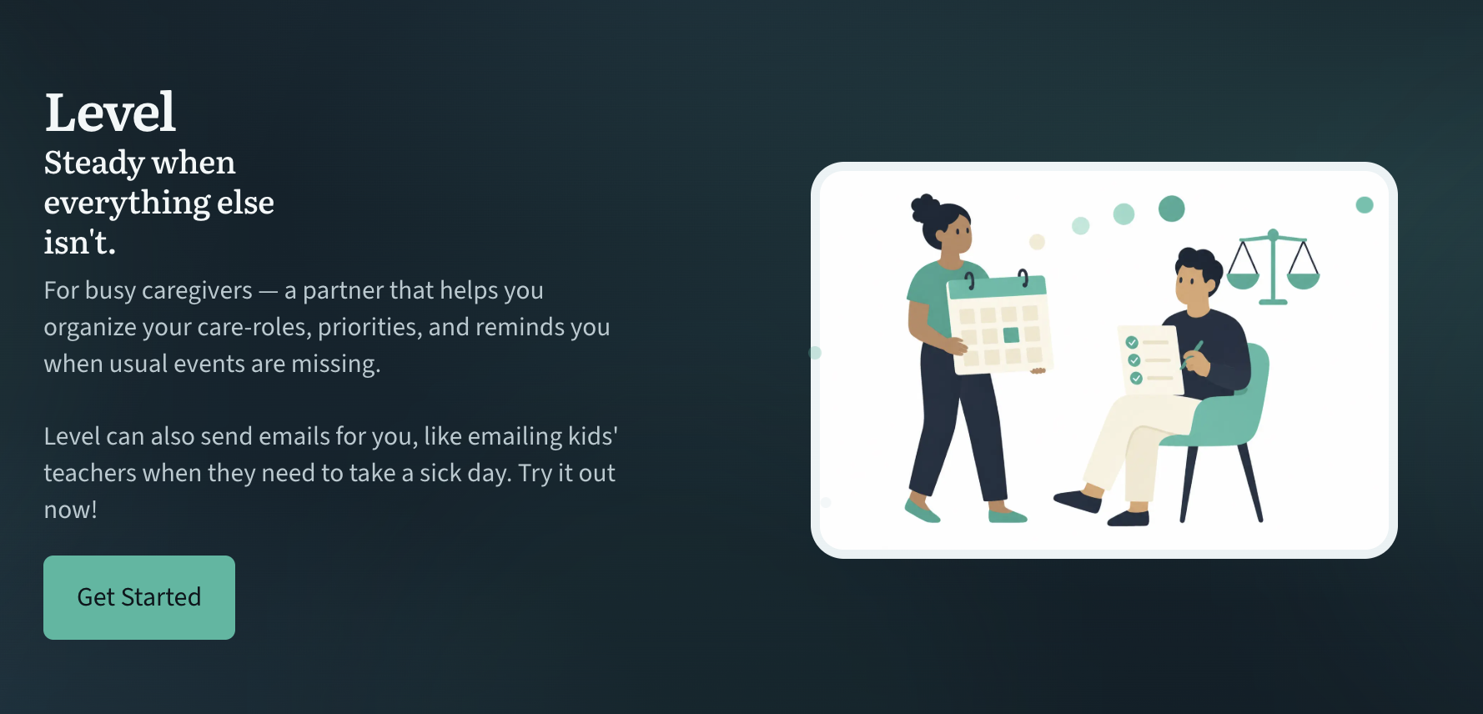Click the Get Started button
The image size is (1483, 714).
pyautogui.click(x=139, y=597)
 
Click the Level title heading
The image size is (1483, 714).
pyautogui.click(x=110, y=113)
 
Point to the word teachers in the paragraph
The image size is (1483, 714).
pyautogui.click(x=90, y=473)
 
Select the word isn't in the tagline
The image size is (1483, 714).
pyautogui.click(x=80, y=243)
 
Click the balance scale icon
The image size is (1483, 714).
pyautogui.click(x=1273, y=267)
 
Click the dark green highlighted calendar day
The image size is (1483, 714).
pyautogui.click(x=1011, y=335)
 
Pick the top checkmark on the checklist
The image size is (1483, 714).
pyautogui.click(x=1132, y=342)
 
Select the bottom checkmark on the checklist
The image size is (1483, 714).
pyautogui.click(x=1136, y=378)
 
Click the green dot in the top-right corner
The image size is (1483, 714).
pyautogui.click(x=1365, y=205)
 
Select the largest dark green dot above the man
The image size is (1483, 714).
pyautogui.click(x=1172, y=209)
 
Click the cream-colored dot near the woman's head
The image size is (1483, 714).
pyautogui.click(x=1037, y=242)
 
